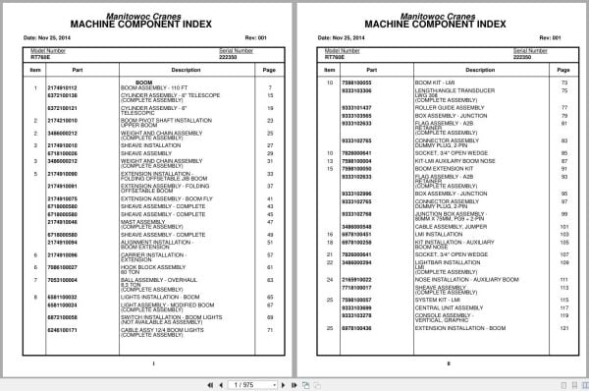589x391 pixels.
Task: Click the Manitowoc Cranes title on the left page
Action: click(x=152, y=10)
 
